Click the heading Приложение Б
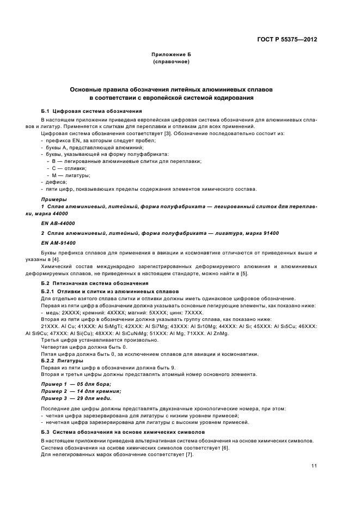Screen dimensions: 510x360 [171, 56]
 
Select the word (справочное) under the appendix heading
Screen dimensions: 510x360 [171, 62]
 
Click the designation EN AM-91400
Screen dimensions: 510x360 [58, 242]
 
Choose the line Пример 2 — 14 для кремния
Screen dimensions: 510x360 [81, 391]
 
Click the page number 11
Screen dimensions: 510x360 [314, 465]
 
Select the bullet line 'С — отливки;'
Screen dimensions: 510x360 [66, 168]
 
